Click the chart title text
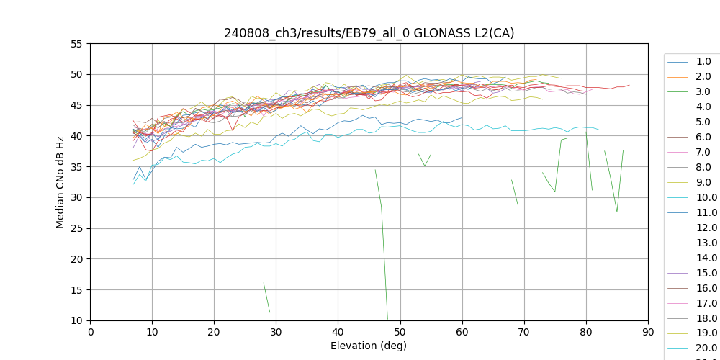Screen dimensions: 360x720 click(369, 33)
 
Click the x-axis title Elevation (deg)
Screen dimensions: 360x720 click(369, 346)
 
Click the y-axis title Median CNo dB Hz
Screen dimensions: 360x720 click(61, 182)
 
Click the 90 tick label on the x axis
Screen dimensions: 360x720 click(648, 333)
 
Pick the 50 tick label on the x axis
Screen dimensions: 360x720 click(400, 333)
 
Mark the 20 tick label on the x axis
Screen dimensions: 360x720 click(214, 333)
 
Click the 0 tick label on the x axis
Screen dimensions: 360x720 click(90, 333)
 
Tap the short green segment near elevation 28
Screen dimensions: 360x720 click(266, 297)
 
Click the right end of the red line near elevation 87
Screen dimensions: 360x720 click(629, 85)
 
